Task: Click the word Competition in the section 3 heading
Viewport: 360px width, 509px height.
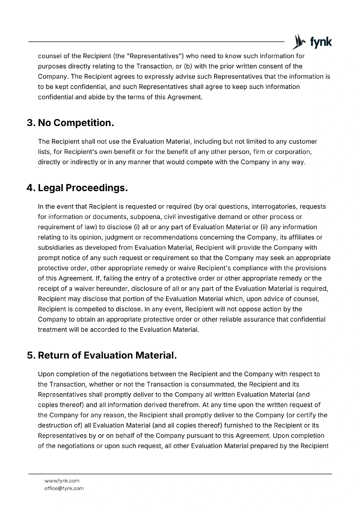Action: (x=84, y=123)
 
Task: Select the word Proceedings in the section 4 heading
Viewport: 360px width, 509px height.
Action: (x=97, y=188)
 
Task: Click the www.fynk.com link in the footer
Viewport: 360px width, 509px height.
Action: (x=62, y=481)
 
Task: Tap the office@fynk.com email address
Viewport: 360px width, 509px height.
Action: (x=64, y=488)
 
